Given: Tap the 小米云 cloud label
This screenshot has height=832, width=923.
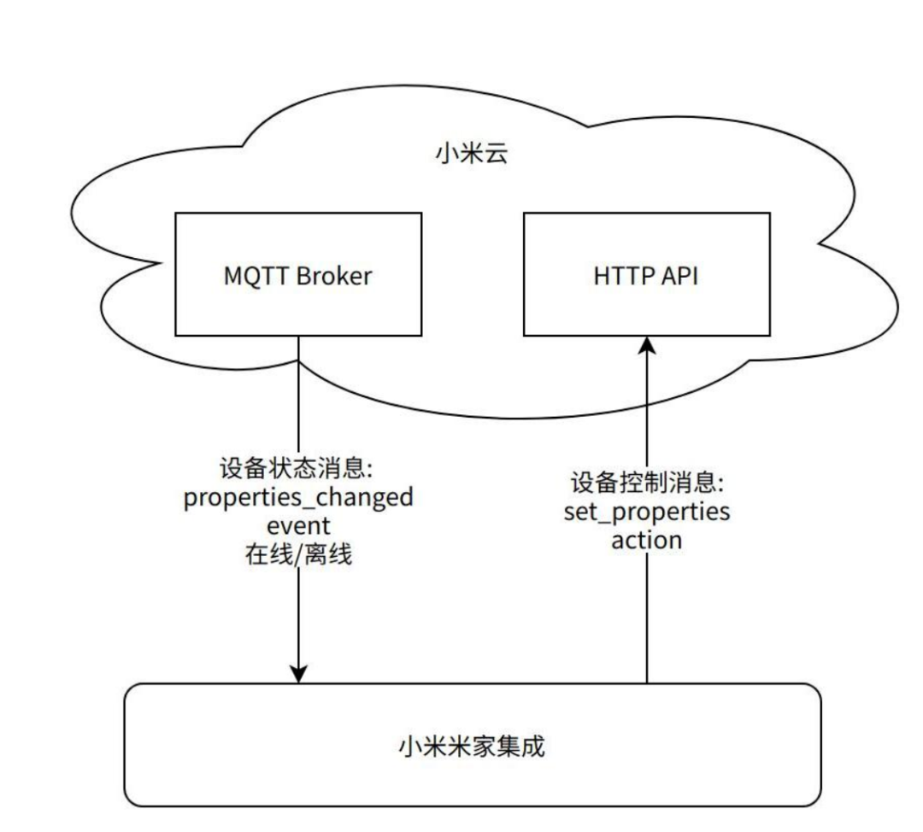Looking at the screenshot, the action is pos(472,154).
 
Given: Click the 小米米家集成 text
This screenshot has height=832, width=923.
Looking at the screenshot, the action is pos(472,746).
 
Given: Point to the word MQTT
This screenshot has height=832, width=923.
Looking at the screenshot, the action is pos(256,276).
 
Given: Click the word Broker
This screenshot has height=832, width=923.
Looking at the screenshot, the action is pos(334,276).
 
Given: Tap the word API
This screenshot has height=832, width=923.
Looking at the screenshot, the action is pos(680,276).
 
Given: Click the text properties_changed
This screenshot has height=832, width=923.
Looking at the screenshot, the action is pos(298,498).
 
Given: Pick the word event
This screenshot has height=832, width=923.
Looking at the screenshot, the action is pos(298,526).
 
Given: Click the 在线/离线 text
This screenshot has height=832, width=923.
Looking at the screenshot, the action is pos(298,554).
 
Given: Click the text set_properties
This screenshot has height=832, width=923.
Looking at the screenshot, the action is pos(647,512).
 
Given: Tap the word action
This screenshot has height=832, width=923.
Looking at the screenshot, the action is pos(647,540).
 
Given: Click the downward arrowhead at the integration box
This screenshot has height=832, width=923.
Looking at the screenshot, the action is pos(299,675).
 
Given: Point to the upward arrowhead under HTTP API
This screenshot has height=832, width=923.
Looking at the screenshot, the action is pos(648,345).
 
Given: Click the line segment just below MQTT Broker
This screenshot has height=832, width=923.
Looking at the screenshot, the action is pos(298,395).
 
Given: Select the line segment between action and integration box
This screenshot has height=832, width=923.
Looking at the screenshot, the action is pos(647,618).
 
